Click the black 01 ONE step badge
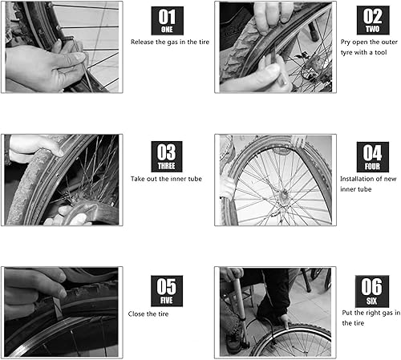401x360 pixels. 167,21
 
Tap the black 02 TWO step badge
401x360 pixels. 372,21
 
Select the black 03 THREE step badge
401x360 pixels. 167,156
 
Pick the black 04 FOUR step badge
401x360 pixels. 371,156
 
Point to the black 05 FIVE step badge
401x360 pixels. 167,291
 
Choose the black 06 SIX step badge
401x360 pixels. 371,290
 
